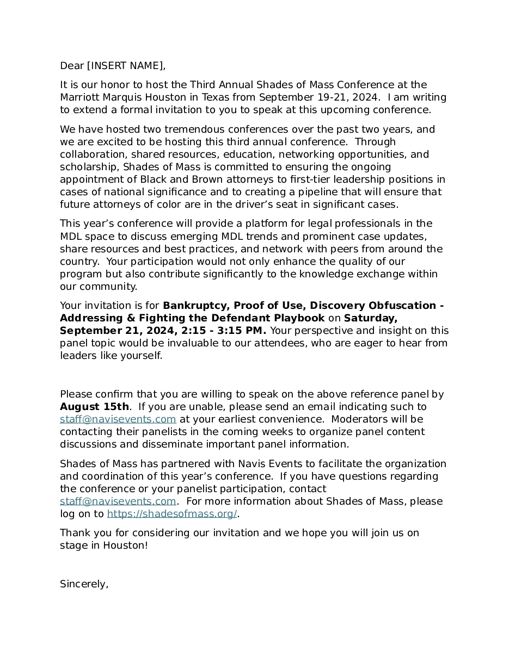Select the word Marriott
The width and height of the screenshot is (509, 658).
tap(79, 97)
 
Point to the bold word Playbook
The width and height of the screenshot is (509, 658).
tap(299, 318)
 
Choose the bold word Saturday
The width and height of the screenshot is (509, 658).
tap(371, 318)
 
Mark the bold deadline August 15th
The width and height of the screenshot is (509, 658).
tap(94, 407)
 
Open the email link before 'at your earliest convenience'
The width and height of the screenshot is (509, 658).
tap(118, 419)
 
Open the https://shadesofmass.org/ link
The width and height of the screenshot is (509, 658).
tap(172, 514)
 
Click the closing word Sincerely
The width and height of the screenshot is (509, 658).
tap(84, 584)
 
